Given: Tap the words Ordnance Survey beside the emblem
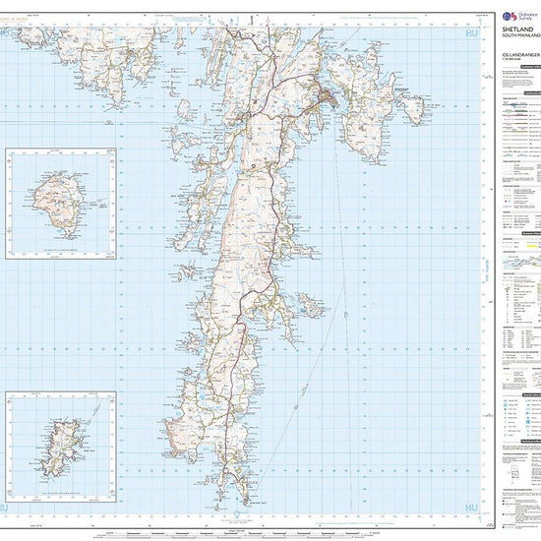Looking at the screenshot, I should point(526,17).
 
